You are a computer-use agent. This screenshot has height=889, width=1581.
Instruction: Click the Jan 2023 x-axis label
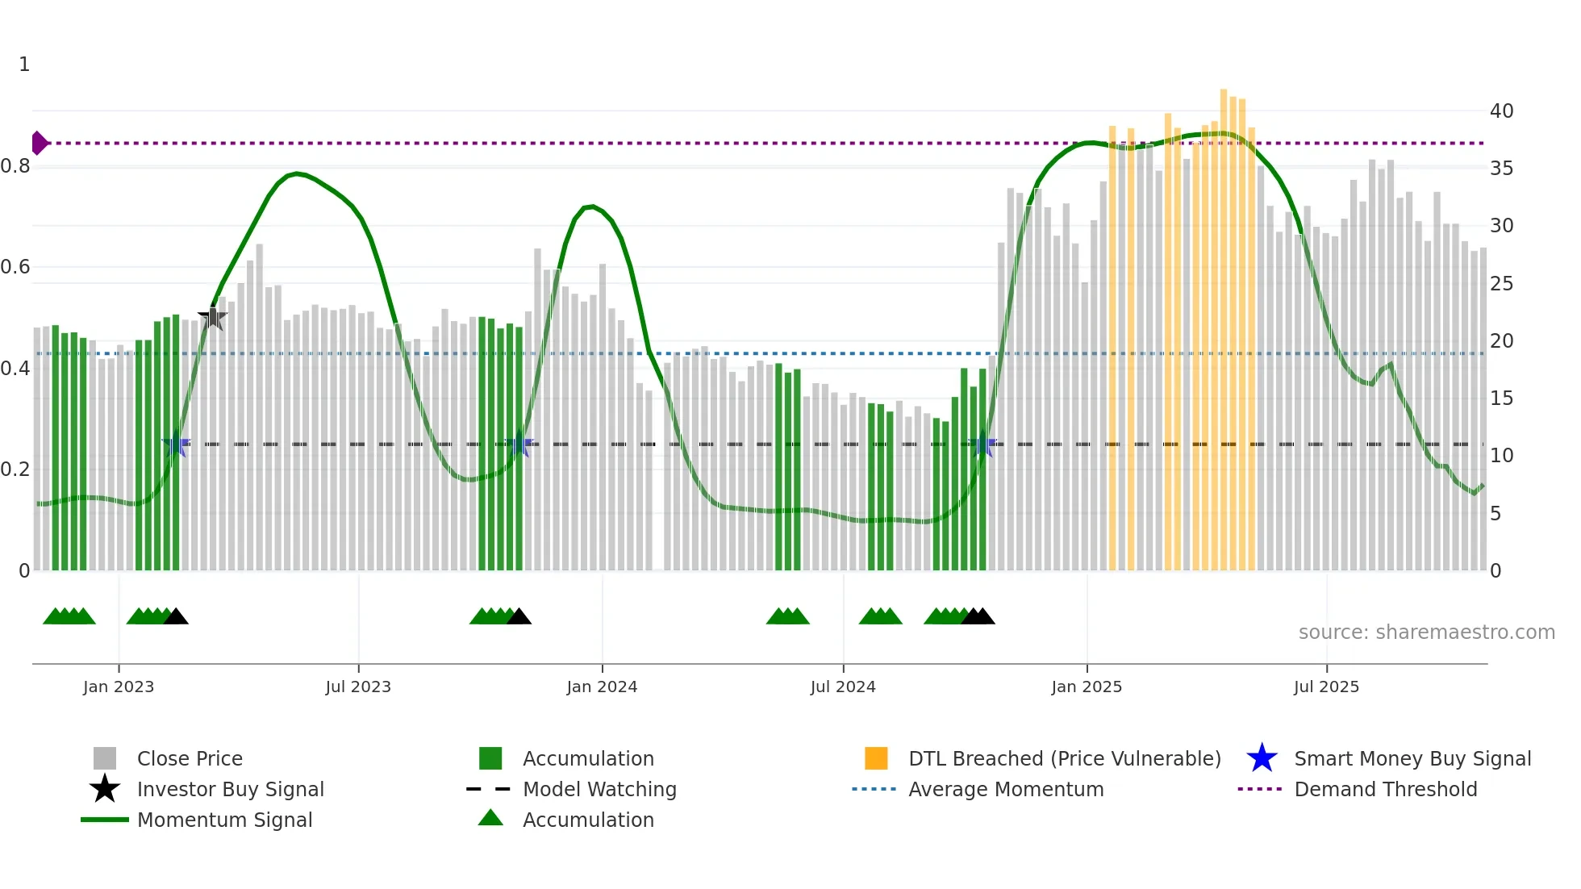(x=119, y=687)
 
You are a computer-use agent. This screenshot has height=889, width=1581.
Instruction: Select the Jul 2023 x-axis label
(x=358, y=687)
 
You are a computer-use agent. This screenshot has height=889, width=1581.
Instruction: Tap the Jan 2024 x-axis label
(x=602, y=687)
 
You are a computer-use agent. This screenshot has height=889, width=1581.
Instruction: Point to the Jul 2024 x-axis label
(x=843, y=687)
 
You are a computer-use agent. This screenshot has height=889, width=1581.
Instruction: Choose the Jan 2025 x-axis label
(x=1087, y=687)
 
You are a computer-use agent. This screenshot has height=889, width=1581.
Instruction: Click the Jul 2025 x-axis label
(x=1326, y=687)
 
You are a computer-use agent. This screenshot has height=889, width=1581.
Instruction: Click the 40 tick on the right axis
(x=1501, y=111)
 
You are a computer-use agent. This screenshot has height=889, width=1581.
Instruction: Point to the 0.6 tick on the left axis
(x=16, y=267)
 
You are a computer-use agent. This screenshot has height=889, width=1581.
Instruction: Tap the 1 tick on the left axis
(x=24, y=65)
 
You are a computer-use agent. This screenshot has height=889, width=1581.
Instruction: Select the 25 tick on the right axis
(x=1501, y=284)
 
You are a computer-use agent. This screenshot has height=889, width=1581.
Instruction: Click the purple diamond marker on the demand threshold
(x=39, y=143)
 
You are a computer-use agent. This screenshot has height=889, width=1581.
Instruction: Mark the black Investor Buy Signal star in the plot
(x=213, y=318)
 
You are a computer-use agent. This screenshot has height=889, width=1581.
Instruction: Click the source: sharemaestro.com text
(x=1426, y=632)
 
